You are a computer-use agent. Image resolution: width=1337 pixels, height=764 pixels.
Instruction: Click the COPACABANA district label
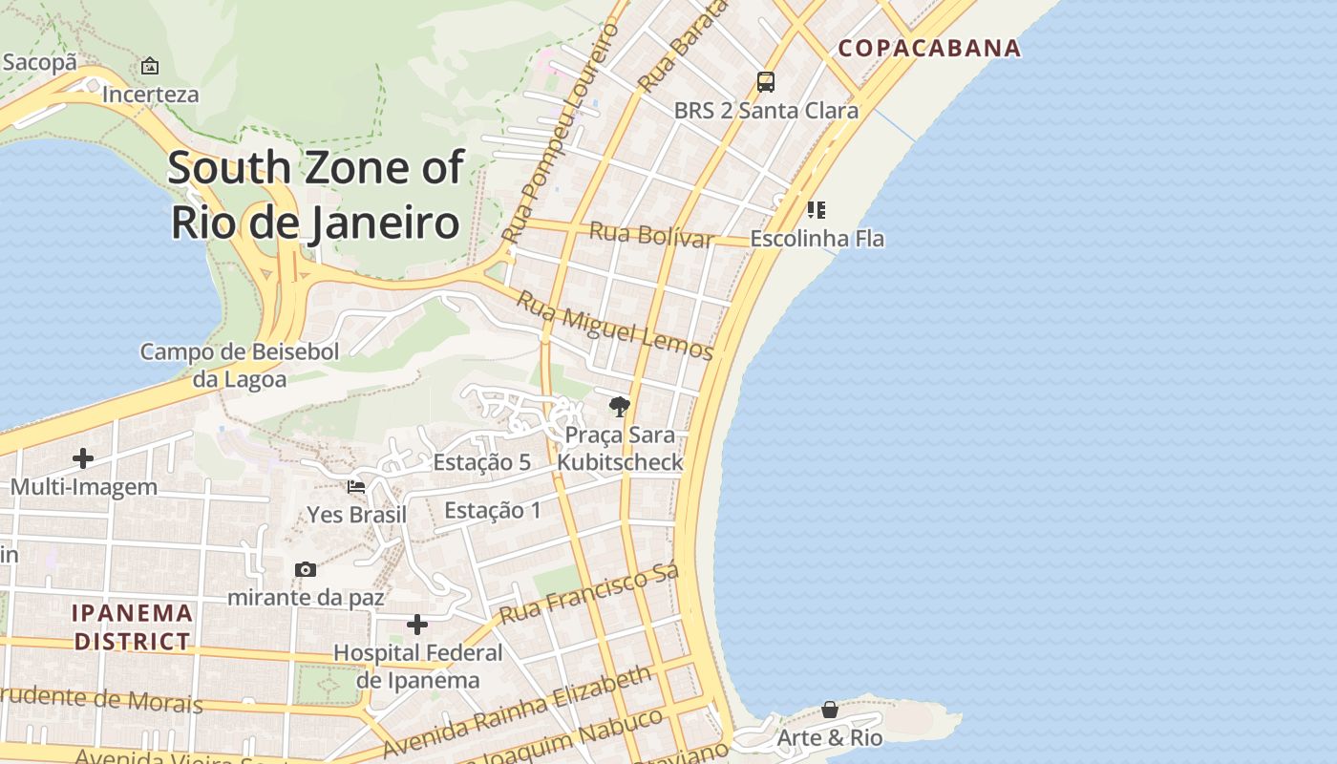click(x=929, y=48)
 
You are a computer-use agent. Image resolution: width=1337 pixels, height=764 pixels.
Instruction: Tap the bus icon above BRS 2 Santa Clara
click(x=766, y=82)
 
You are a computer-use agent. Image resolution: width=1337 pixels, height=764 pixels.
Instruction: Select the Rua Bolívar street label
click(x=651, y=234)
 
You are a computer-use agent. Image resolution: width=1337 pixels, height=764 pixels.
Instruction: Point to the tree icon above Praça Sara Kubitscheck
click(x=620, y=407)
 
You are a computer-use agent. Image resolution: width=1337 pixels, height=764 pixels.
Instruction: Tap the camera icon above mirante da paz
click(x=306, y=569)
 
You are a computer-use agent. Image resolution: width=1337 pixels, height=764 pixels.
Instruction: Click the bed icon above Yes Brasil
click(x=356, y=486)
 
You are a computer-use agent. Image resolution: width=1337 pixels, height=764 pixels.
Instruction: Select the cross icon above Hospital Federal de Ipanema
click(x=417, y=625)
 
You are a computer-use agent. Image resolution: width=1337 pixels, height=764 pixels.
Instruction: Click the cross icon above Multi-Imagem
click(x=83, y=458)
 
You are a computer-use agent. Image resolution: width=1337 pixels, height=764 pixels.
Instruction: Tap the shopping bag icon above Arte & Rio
click(x=830, y=710)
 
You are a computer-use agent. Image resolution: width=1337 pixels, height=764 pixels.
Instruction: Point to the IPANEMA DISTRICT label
click(x=133, y=626)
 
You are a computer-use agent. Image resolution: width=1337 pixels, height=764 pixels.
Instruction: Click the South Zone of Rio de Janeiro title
click(x=315, y=195)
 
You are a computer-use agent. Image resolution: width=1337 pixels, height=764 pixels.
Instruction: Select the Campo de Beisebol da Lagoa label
click(x=240, y=365)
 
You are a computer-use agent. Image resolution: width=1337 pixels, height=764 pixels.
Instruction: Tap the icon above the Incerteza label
click(x=150, y=66)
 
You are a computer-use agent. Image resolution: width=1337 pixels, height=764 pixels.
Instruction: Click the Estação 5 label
click(x=481, y=462)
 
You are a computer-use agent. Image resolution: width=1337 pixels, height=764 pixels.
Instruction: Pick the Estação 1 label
click(x=493, y=510)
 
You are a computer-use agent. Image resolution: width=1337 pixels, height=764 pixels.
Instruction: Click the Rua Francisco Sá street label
click(x=589, y=594)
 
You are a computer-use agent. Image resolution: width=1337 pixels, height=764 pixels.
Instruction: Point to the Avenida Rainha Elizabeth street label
click(x=517, y=711)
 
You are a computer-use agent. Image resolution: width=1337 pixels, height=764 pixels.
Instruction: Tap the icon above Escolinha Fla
click(x=817, y=209)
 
